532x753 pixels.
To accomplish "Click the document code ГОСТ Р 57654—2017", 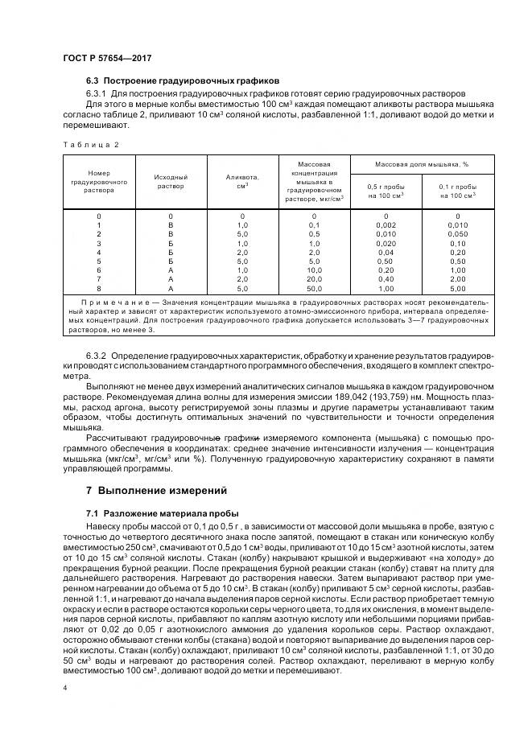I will pos(107,58).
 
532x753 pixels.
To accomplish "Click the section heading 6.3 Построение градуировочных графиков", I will pos(182,81).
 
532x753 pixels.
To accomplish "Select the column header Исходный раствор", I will pos(171,181).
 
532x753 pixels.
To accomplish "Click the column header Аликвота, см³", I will pos(242,181).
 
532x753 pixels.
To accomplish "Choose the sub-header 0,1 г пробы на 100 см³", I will pos(458,191).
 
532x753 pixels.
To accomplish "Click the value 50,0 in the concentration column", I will pos(315,287).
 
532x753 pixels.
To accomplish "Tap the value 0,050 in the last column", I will pos(458,234).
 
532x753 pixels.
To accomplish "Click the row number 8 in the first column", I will pos(99,287).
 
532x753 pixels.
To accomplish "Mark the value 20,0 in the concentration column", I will pos(315,278).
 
